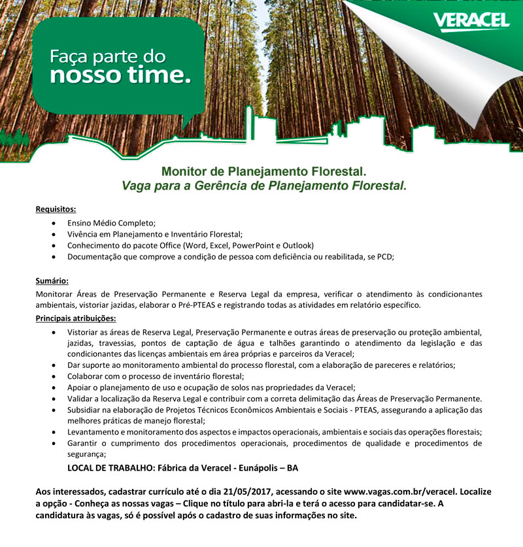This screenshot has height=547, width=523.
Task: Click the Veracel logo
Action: (471, 21)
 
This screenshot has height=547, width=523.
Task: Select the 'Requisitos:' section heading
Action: (56, 210)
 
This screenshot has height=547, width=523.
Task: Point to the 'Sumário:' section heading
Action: (52, 281)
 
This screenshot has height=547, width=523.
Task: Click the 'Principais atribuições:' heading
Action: (76, 318)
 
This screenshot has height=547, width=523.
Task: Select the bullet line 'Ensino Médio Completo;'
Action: (112, 222)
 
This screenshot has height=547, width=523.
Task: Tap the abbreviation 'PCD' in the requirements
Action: (385, 257)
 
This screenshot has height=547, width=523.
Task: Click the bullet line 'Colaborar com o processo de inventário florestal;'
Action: (156, 376)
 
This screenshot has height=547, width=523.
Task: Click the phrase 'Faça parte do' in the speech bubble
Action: (108, 57)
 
